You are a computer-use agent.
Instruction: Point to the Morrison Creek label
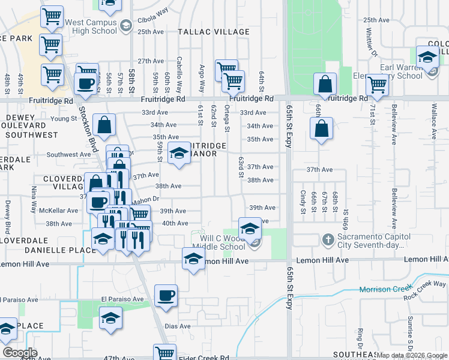(x=383, y=290)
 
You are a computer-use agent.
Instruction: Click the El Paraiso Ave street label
(x=123, y=299)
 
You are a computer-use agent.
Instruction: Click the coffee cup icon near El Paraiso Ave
(x=166, y=296)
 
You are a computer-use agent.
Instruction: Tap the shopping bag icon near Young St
(x=104, y=126)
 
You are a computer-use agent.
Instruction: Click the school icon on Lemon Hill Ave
(x=193, y=259)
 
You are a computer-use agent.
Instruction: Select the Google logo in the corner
(x=19, y=353)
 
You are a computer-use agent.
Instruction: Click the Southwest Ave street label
(x=69, y=154)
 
